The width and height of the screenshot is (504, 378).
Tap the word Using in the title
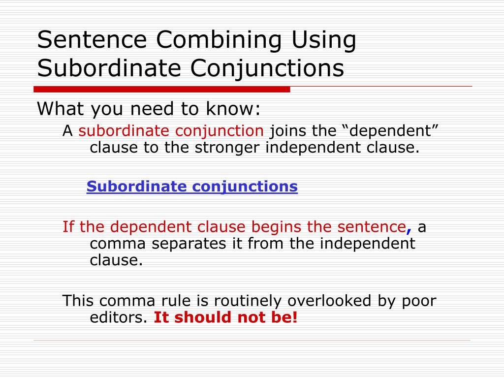click(323, 40)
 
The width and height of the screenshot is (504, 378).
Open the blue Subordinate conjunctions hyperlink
click(192, 187)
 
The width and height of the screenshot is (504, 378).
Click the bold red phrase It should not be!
click(226, 317)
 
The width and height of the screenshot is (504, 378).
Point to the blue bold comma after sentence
click(409, 229)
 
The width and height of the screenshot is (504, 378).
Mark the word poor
click(416, 301)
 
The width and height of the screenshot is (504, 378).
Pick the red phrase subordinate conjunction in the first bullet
click(171, 131)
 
